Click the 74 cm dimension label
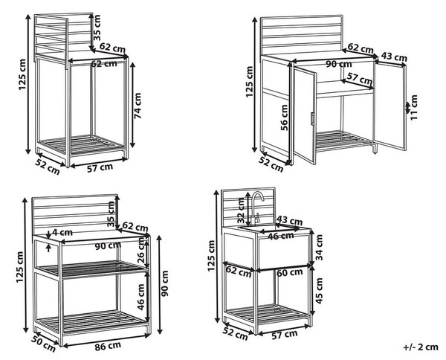click(x=138, y=106)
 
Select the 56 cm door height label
click(x=285, y=118)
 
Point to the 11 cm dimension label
click(x=414, y=108)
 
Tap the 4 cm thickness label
click(x=62, y=232)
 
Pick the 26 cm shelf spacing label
click(x=141, y=250)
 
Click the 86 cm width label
click(x=108, y=346)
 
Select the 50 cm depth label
click(x=43, y=344)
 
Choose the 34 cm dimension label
click(x=319, y=247)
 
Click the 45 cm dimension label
click(x=319, y=290)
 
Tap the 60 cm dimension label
click(x=289, y=273)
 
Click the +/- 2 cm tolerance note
click(x=421, y=347)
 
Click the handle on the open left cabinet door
click(x=312, y=118)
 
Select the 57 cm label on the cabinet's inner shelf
click(x=360, y=78)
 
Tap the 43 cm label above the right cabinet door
click(x=394, y=57)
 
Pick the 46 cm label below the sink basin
click(x=281, y=236)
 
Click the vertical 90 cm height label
click(x=165, y=283)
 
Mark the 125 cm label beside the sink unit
click(x=211, y=256)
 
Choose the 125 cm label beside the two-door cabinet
click(x=249, y=82)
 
